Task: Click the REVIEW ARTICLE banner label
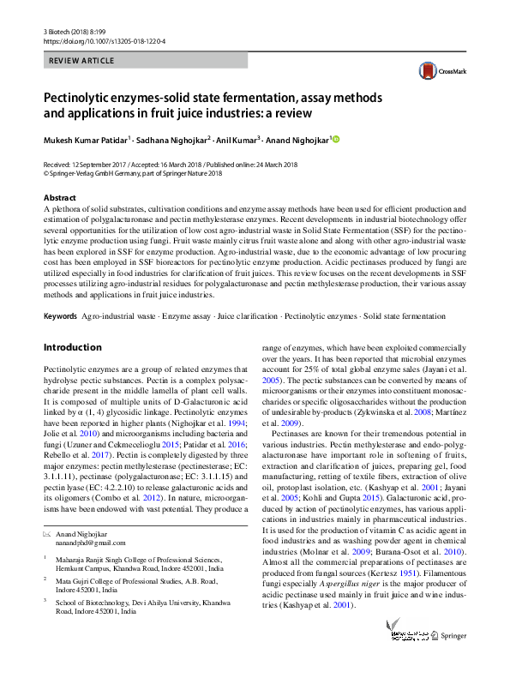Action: pos(82,61)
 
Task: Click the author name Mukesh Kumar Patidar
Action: pos(87,140)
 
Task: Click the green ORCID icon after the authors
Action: pos(335,140)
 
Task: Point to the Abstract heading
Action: pos(59,197)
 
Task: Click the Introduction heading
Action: pos(72,348)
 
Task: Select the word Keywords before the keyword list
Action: pos(60,317)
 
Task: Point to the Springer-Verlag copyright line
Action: pos(132,172)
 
